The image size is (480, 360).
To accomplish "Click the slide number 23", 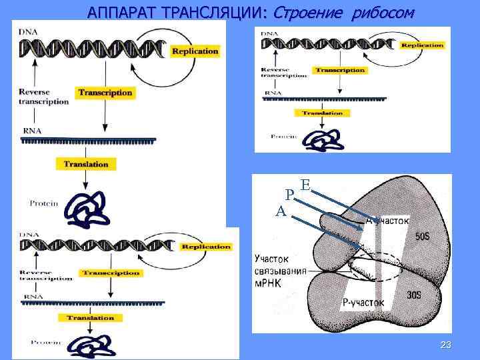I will pyautogui.click(x=446, y=344).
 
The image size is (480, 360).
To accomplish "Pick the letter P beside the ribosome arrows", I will pyautogui.click(x=289, y=195).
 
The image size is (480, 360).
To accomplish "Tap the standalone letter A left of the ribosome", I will pyautogui.click(x=281, y=211).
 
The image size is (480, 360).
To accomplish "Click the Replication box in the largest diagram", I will pyautogui.click(x=195, y=51).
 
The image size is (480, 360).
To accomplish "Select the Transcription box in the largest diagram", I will pyautogui.click(x=105, y=93).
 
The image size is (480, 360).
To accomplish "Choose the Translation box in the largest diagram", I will pyautogui.click(x=85, y=163).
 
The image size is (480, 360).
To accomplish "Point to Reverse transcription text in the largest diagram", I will pyautogui.click(x=44, y=97).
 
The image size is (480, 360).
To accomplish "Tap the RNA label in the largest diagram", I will pyautogui.click(x=31, y=130).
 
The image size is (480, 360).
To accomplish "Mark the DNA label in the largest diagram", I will pyautogui.click(x=29, y=31).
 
